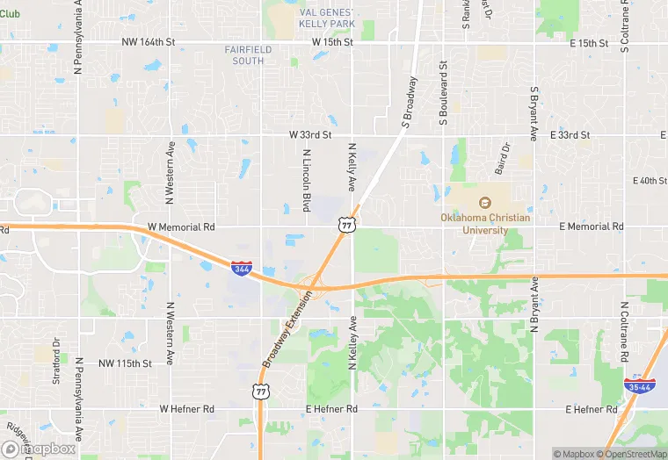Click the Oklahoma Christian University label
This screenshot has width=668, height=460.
pyautogui.click(x=475, y=224)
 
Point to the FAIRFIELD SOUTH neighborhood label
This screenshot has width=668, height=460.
pyautogui.click(x=248, y=55)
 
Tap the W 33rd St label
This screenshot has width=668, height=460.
pyautogui.click(x=310, y=135)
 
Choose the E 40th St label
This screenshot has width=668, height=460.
pyautogui.click(x=650, y=181)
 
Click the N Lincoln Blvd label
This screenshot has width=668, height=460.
pyautogui.click(x=307, y=180)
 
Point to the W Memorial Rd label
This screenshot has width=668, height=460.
pyautogui.click(x=181, y=226)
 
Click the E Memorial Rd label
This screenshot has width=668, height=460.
pyautogui.click(x=591, y=226)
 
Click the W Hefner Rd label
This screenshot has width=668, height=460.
pyautogui.click(x=186, y=409)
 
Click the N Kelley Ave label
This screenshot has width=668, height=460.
pyautogui.click(x=352, y=343)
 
